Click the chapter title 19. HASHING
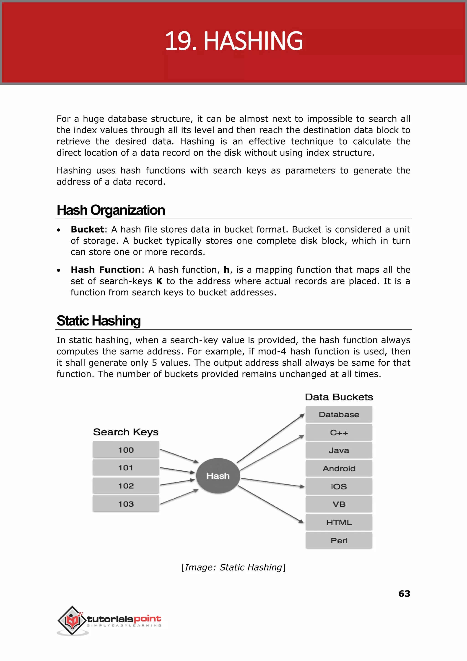point(233,41)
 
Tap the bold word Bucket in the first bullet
point(87,229)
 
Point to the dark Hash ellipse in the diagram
point(218,476)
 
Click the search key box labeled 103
point(126,503)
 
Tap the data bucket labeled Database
point(339,415)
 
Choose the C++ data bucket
point(339,432)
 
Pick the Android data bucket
point(339,468)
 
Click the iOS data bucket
point(339,486)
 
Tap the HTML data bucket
point(339,522)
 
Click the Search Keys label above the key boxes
point(126,432)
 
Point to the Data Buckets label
point(339,397)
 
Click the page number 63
point(404,593)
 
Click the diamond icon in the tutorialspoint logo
point(72,620)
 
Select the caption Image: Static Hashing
point(233,567)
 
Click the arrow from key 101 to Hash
point(177,470)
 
